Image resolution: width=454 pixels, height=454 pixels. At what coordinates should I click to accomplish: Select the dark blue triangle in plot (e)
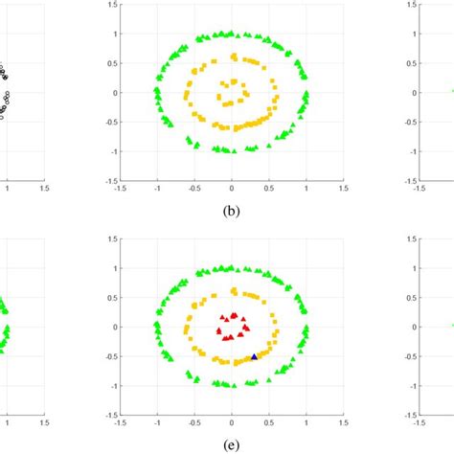tap(254, 356)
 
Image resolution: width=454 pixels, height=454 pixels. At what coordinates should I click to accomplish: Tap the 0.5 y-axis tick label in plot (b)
tap(108, 63)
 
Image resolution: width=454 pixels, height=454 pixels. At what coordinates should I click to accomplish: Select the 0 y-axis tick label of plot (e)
tap(111, 327)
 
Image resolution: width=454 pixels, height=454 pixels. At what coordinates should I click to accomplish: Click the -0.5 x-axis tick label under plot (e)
tap(193, 422)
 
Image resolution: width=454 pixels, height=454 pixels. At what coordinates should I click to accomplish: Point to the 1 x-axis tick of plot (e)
tap(306, 422)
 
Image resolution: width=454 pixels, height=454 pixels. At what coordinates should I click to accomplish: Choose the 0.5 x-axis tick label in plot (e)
tap(269, 422)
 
